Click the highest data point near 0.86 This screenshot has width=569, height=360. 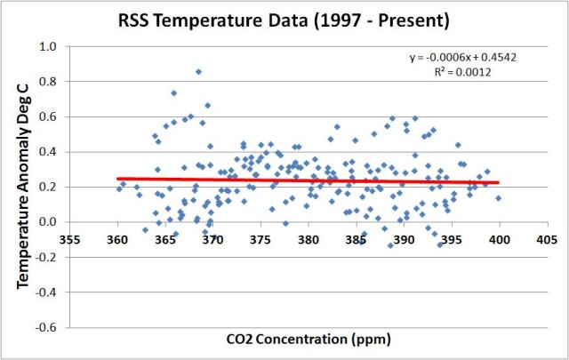click(x=198, y=71)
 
